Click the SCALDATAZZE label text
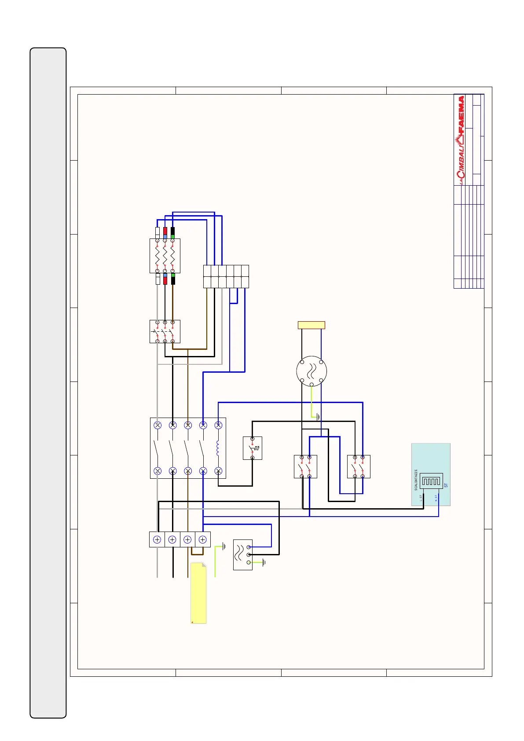click(x=416, y=480)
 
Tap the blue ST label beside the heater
click(x=446, y=485)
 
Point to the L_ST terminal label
click(x=421, y=498)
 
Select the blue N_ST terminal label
click(x=436, y=498)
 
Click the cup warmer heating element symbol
click(x=431, y=481)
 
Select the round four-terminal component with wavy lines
click(x=311, y=371)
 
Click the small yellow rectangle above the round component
click(x=311, y=325)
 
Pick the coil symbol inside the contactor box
click(x=218, y=448)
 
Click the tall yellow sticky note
click(x=198, y=593)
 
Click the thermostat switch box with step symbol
click(x=253, y=448)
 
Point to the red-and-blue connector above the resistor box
click(x=165, y=233)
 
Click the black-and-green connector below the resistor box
click(x=173, y=279)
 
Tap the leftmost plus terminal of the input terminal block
click(x=157, y=539)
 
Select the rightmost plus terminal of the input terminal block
click(x=202, y=539)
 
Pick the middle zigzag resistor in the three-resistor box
click(x=165, y=256)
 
